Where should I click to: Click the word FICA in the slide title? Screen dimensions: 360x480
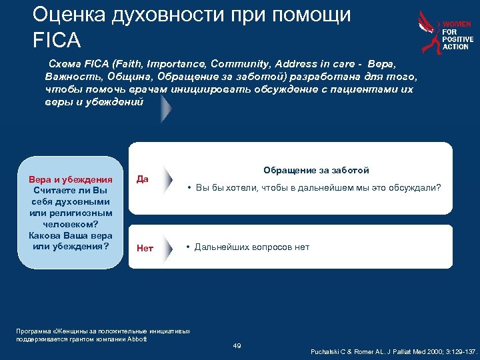(56, 40)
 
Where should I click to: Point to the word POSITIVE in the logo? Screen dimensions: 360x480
(458, 40)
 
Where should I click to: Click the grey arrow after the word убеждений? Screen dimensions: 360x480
(165, 109)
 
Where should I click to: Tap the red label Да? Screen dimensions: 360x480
(143, 179)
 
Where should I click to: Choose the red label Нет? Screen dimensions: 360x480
(145, 248)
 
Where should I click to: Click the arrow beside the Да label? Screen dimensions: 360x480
(170, 179)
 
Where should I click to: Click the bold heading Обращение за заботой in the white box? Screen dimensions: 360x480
(316, 171)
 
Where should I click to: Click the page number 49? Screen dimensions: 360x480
(237, 345)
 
